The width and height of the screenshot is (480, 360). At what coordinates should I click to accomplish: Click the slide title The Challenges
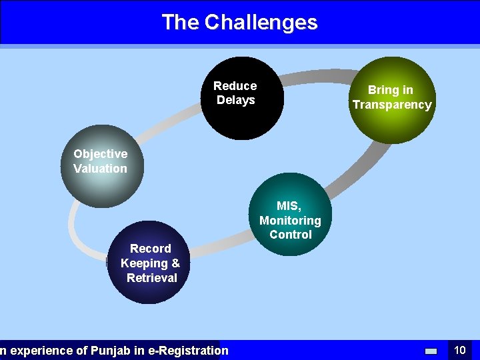pyautogui.click(x=239, y=22)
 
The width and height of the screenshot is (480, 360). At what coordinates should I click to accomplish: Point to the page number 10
pyautogui.click(x=459, y=350)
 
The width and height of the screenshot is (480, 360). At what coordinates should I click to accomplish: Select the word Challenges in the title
pyautogui.click(x=261, y=22)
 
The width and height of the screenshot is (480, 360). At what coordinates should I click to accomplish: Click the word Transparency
pyautogui.click(x=392, y=105)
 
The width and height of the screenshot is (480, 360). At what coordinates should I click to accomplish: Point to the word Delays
pyautogui.click(x=235, y=101)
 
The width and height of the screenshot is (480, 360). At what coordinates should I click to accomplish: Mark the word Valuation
pyautogui.click(x=100, y=169)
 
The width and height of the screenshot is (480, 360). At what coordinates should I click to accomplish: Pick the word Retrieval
pyautogui.click(x=152, y=278)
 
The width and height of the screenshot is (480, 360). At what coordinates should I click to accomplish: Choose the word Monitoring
pyautogui.click(x=290, y=220)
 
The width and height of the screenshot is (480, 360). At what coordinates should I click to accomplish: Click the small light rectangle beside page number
pyautogui.click(x=431, y=351)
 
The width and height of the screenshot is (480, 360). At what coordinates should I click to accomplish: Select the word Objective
pyautogui.click(x=100, y=154)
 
